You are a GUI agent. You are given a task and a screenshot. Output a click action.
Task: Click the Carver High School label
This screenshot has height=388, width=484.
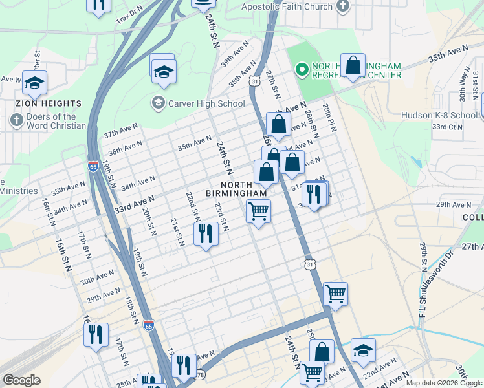pos(206,103)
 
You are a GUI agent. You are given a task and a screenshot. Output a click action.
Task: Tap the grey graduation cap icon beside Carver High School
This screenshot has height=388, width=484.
pos(157,103)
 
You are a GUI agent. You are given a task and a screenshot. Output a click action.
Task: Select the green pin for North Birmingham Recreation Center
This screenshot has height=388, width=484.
pos(301,70)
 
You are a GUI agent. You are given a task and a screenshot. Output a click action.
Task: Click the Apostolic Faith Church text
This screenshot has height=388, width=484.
pos(286,7)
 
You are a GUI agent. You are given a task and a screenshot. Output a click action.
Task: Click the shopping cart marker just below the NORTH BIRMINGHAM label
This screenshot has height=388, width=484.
pos(258,211)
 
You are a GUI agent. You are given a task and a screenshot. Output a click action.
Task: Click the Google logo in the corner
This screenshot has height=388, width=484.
pos(21,380)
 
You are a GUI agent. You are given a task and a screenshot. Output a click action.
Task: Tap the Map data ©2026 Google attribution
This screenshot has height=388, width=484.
pos(443,383)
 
